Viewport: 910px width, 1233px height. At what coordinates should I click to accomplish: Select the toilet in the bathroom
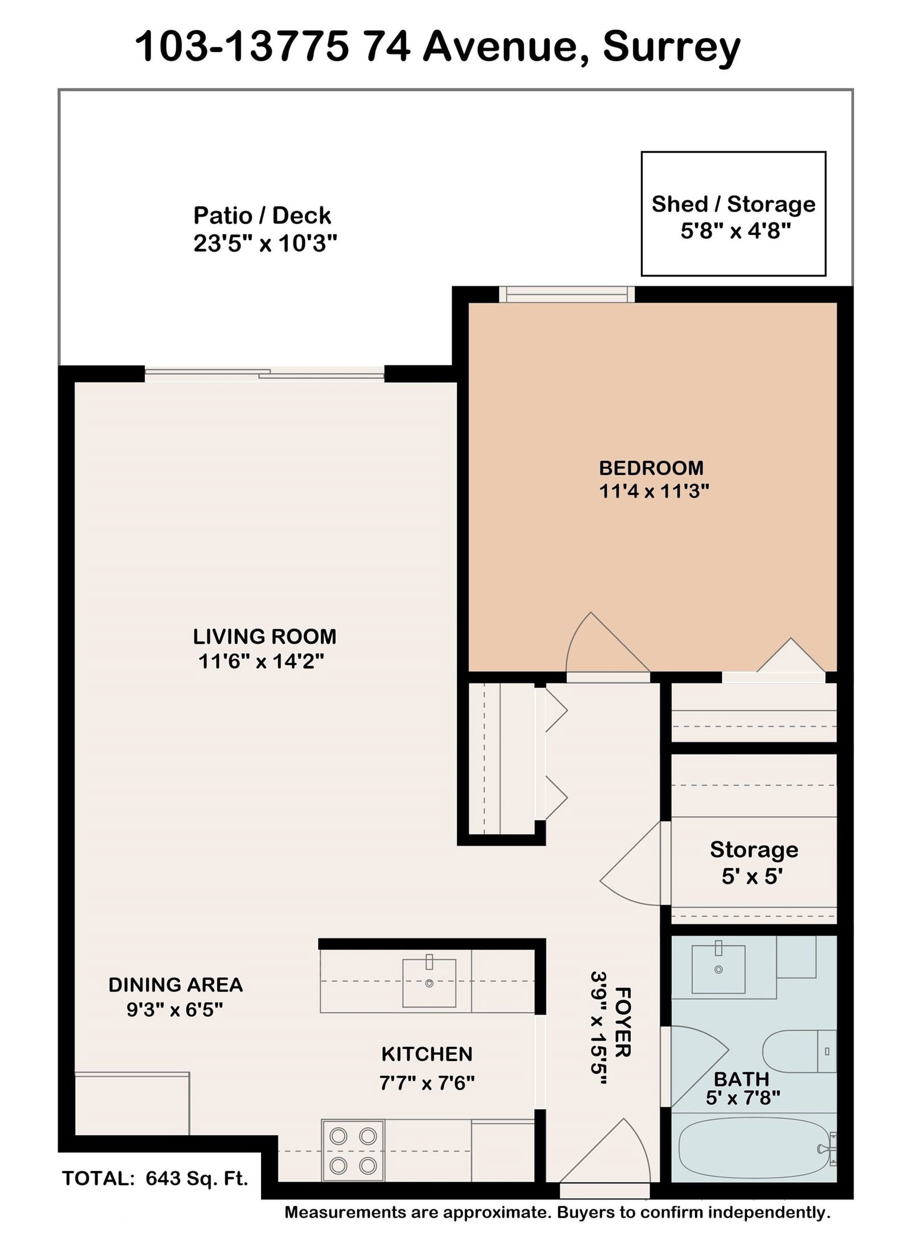point(799,1051)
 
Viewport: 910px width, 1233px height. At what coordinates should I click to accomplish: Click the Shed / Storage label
point(734,204)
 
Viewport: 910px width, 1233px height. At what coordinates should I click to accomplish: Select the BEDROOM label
point(651,468)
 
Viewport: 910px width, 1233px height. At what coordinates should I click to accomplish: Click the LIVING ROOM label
point(264,636)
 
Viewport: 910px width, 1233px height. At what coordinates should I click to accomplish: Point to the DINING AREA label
point(176,985)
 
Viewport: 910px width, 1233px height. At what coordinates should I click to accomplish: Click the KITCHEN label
point(427,1054)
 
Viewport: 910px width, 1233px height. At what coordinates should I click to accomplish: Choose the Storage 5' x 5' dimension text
point(753,877)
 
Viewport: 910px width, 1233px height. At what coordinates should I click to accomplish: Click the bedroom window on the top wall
point(566,294)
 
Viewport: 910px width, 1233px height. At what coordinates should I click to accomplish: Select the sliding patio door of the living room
point(264,374)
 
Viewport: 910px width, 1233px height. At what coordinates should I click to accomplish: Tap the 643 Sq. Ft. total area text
point(197,1178)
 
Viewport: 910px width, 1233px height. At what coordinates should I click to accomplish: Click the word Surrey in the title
point(672,47)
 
